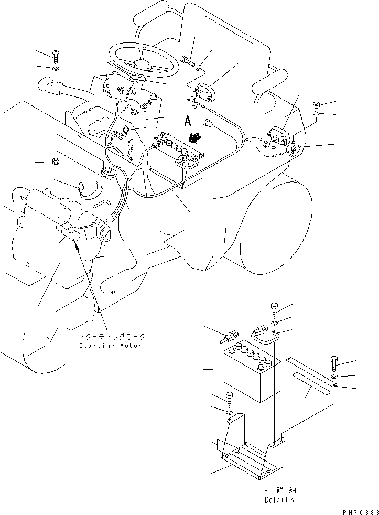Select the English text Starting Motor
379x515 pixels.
click(x=110, y=346)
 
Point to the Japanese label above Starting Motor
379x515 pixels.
click(x=111, y=337)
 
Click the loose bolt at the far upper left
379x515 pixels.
click(x=56, y=55)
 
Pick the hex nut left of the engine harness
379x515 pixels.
click(x=55, y=160)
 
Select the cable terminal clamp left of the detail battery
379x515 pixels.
click(x=232, y=334)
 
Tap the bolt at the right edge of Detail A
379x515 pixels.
click(x=334, y=363)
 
